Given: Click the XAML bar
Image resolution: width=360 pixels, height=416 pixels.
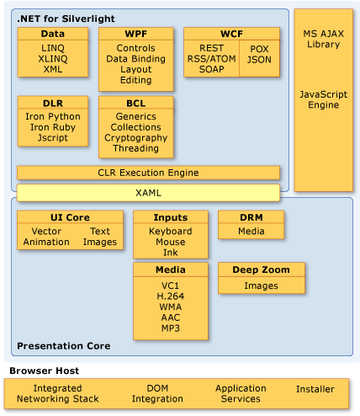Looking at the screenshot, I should click(x=148, y=193).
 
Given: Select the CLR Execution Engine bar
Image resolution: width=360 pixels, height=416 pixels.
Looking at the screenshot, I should click(x=148, y=173).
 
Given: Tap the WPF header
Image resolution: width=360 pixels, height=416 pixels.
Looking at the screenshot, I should click(x=135, y=34).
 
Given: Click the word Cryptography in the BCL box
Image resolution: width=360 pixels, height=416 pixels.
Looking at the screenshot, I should click(x=135, y=138).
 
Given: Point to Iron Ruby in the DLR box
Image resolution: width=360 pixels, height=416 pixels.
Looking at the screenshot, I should click(x=52, y=127).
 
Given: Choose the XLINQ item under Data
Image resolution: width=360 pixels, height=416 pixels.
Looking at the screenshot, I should click(x=52, y=59).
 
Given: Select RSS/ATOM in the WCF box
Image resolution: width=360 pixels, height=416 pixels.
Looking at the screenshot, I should click(x=212, y=59).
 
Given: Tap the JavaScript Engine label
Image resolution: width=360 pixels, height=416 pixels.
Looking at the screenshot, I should click(x=323, y=99).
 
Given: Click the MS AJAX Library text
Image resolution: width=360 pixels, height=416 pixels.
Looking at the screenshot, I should click(x=323, y=38).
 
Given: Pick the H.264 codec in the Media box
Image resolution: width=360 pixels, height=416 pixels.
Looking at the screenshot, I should click(x=170, y=296).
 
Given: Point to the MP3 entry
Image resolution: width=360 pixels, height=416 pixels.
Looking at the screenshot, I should click(x=170, y=328).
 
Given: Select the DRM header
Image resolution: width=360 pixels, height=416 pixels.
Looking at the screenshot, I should click(x=251, y=217).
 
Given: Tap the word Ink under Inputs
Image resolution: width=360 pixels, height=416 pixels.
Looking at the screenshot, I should click(x=170, y=252).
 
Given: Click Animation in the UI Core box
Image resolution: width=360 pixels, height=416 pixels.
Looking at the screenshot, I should click(x=46, y=242).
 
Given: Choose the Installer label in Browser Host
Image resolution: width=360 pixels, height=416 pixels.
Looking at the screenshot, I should click(x=315, y=389).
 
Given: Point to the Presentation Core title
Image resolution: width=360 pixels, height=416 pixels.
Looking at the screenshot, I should click(x=64, y=346).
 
